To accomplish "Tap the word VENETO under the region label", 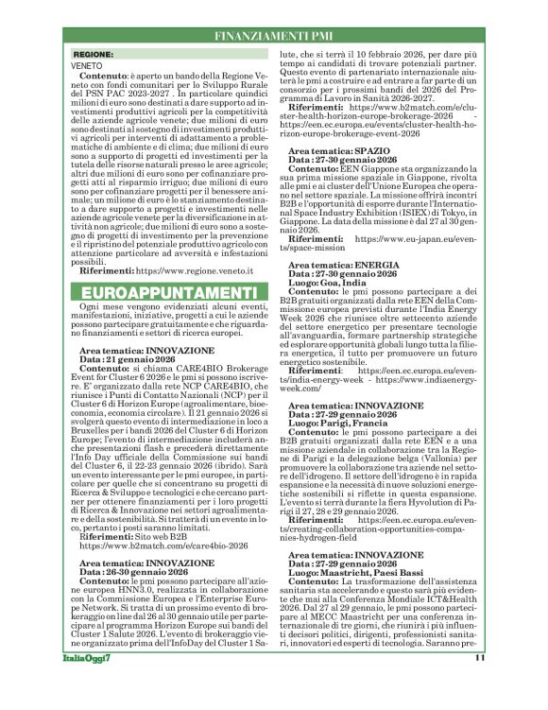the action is pos(87,66).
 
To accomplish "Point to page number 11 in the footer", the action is pos(479,684).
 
